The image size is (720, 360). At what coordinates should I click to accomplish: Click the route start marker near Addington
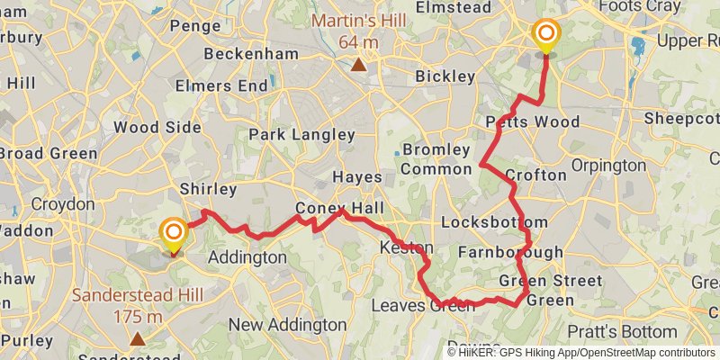172,235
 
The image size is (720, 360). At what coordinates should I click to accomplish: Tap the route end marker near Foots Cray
545,36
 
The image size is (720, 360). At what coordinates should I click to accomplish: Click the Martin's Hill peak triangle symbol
359,64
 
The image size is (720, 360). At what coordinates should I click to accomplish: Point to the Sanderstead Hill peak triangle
137,338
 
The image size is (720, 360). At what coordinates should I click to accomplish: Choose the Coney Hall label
334,210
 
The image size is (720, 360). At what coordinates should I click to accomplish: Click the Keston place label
407,247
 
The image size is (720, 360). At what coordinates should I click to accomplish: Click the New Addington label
287,324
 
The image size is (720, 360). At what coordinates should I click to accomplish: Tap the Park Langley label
301,135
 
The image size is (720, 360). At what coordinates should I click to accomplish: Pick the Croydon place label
63,204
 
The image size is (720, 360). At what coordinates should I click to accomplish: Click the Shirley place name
207,190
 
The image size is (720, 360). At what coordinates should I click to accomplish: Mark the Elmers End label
222,86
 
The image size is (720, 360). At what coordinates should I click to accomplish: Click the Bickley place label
445,76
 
